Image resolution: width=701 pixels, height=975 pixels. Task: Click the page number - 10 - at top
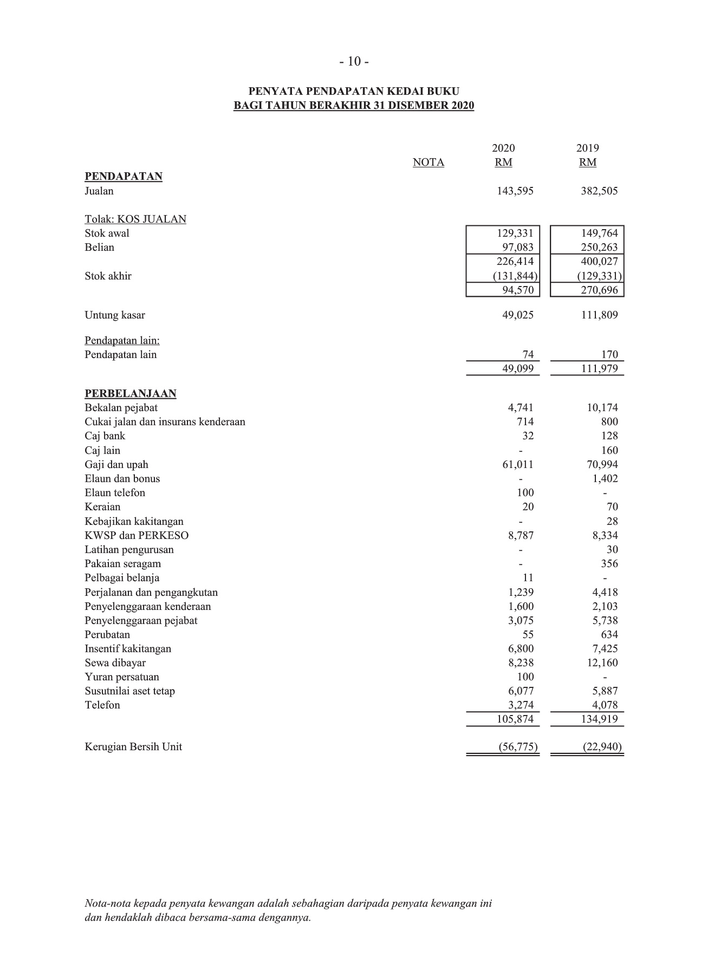coord(354,62)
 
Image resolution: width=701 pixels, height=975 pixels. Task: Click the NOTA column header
coord(428,162)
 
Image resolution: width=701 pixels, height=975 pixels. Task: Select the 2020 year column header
coord(503,148)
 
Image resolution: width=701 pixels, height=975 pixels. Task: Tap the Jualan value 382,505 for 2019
coord(599,191)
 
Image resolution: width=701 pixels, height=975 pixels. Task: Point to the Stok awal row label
coord(107,233)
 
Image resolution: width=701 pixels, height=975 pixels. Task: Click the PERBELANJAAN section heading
coord(130,394)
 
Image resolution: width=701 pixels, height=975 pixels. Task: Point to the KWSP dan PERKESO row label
coord(137,536)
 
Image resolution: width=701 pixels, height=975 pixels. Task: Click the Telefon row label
coord(102,705)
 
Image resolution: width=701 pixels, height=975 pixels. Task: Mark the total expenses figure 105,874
coord(515,719)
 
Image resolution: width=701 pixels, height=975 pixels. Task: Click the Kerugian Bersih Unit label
coord(133,747)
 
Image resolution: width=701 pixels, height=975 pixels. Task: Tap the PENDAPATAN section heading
coord(124,177)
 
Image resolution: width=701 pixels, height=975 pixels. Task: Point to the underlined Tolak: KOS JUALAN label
coord(135,219)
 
